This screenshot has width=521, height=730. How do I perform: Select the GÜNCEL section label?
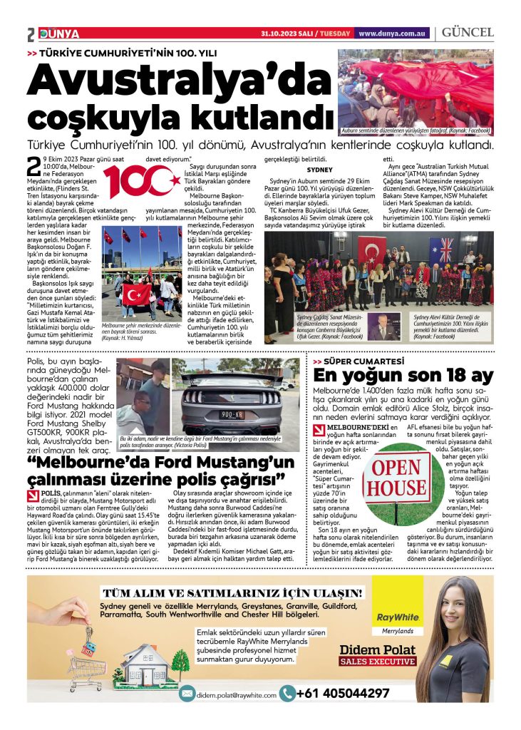[468, 33]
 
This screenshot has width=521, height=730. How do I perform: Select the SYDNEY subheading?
[319, 170]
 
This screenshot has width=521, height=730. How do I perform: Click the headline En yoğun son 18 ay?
[403, 376]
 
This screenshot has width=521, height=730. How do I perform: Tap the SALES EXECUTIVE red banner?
[377, 662]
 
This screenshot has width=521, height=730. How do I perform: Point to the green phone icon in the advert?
[287, 693]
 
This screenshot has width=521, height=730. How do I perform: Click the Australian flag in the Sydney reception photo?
[441, 250]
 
